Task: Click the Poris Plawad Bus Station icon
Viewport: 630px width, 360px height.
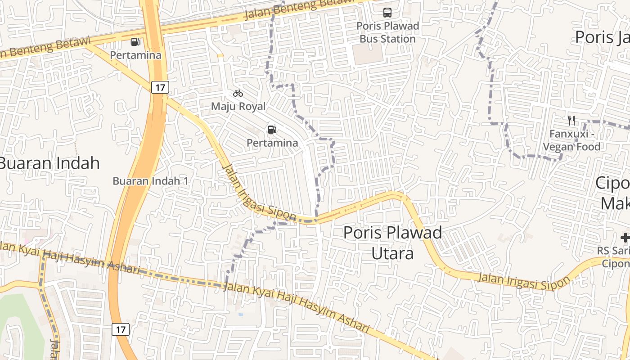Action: click(387, 12)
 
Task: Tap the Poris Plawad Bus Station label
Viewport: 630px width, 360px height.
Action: click(387, 32)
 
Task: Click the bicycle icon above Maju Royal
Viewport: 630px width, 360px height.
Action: click(238, 93)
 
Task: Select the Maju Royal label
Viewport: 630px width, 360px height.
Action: click(238, 107)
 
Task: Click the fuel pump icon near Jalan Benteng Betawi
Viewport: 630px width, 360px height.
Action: click(135, 42)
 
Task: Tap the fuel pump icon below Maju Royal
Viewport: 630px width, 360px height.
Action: click(272, 130)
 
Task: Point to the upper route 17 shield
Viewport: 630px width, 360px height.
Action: click(160, 87)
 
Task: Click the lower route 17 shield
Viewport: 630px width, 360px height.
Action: click(121, 329)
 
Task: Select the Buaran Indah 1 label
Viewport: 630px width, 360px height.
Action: click(150, 181)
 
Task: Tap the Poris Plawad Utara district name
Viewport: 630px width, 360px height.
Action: click(392, 243)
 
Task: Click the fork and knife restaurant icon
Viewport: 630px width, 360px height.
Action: click(571, 120)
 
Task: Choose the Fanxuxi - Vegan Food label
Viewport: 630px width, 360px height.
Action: click(571, 140)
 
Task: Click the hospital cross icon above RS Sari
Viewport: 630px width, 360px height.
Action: click(625, 238)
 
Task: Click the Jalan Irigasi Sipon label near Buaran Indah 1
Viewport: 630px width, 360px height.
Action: click(259, 193)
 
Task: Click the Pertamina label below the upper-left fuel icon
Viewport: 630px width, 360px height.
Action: click(135, 55)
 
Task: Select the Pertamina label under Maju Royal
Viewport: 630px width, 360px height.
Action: click(272, 143)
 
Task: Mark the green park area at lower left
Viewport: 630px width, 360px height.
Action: click(13, 315)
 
